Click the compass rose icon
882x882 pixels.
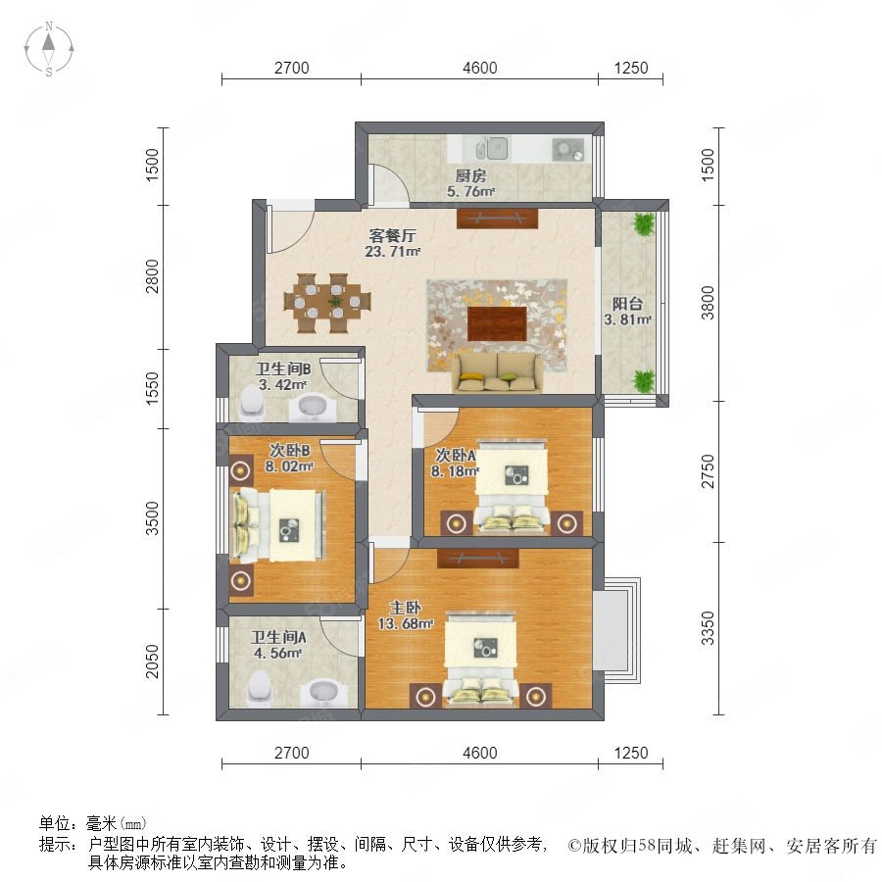point(49,49)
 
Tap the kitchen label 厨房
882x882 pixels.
point(470,176)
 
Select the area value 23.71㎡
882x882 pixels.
point(393,252)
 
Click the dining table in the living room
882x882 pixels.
point(327,303)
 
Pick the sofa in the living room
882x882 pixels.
point(497,372)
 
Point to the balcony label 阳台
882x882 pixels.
point(627,304)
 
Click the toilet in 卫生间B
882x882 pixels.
point(251,401)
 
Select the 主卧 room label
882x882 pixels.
point(405,608)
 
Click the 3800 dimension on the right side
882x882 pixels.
point(708,303)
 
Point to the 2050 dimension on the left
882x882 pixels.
point(152,661)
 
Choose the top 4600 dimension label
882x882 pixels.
point(480,68)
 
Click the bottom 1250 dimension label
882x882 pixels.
point(631,753)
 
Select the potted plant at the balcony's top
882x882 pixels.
point(644,223)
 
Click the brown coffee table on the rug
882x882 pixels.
point(497,324)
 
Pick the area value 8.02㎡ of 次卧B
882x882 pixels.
point(289,466)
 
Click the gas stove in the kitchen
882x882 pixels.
point(568,150)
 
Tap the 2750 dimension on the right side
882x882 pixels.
point(708,471)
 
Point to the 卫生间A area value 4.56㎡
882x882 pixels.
point(278,653)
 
